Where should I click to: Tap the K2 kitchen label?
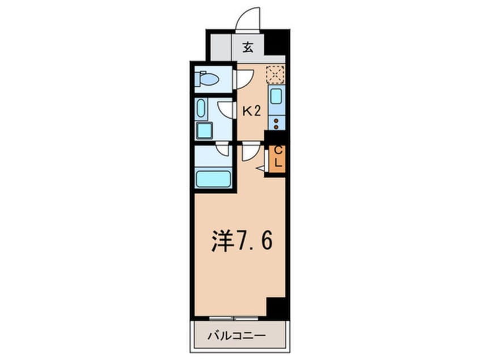pos(251,111)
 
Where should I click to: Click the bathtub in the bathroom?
pos(213,178)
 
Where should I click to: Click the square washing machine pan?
pos(204,131)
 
